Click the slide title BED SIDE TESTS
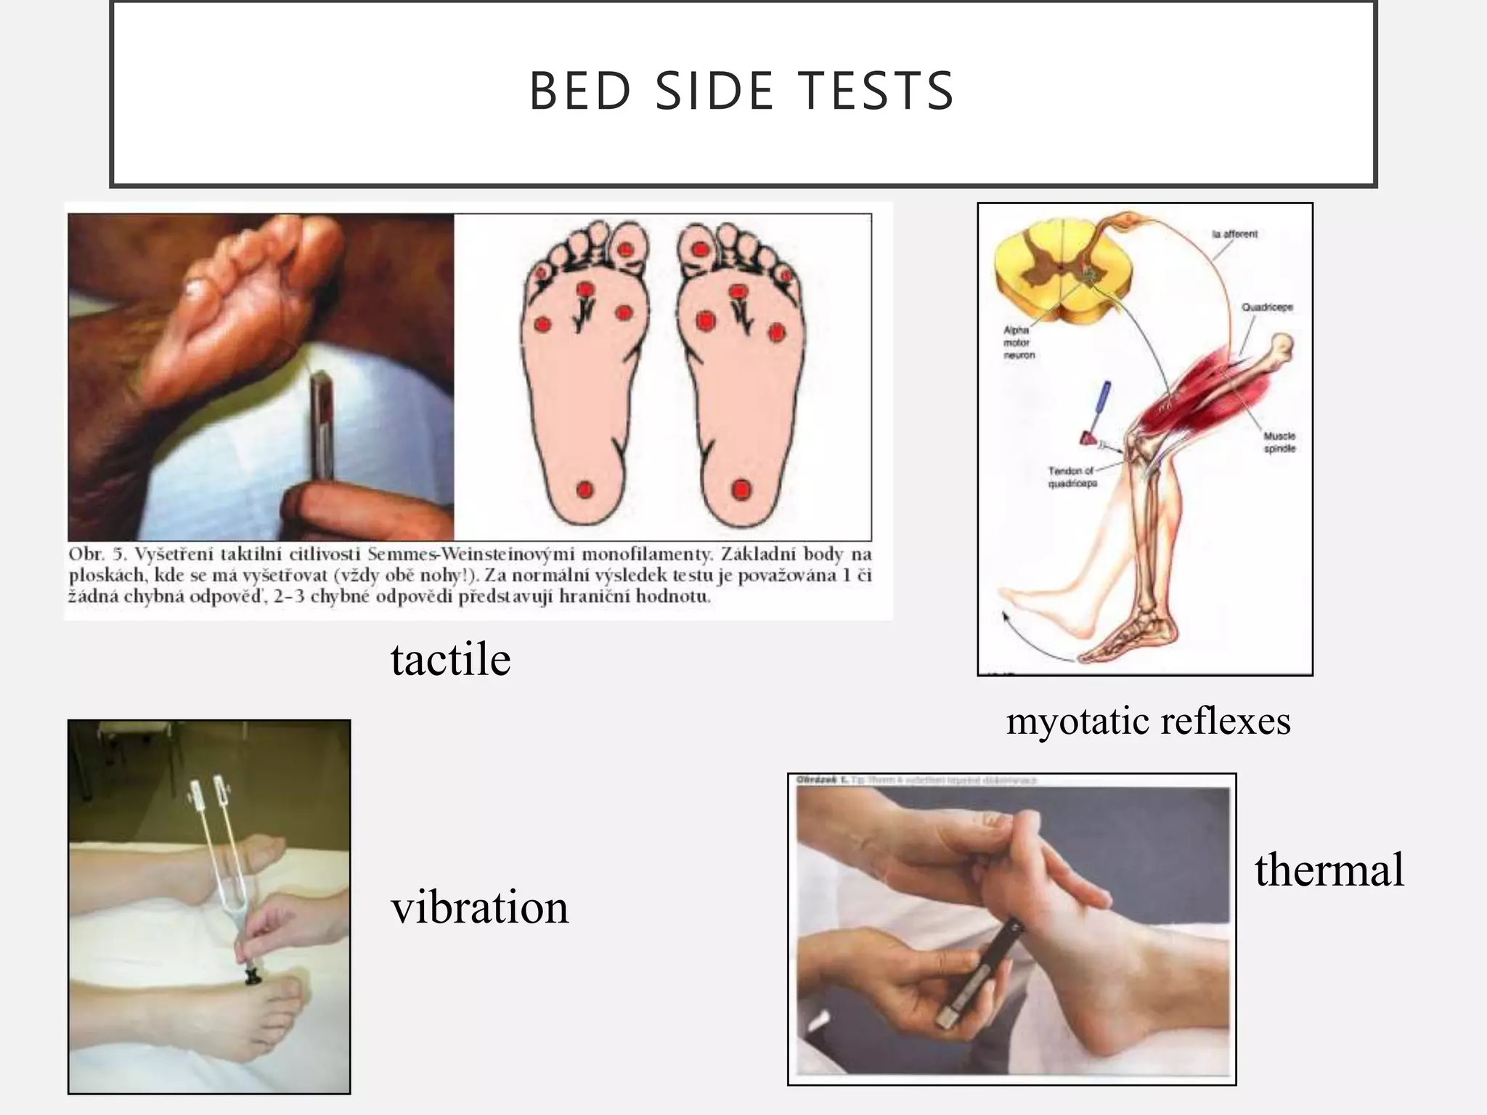pos(741,91)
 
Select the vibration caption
pos(479,907)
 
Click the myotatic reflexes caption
pos(1148,721)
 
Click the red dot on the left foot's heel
pos(585,490)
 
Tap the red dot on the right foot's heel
pos(741,489)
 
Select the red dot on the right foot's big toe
pos(700,250)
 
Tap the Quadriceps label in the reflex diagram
pos(1267,307)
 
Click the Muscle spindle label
pos(1279,442)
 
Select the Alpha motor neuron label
pos(1019,342)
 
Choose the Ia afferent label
pos(1234,234)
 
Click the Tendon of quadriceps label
pos(1072,477)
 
